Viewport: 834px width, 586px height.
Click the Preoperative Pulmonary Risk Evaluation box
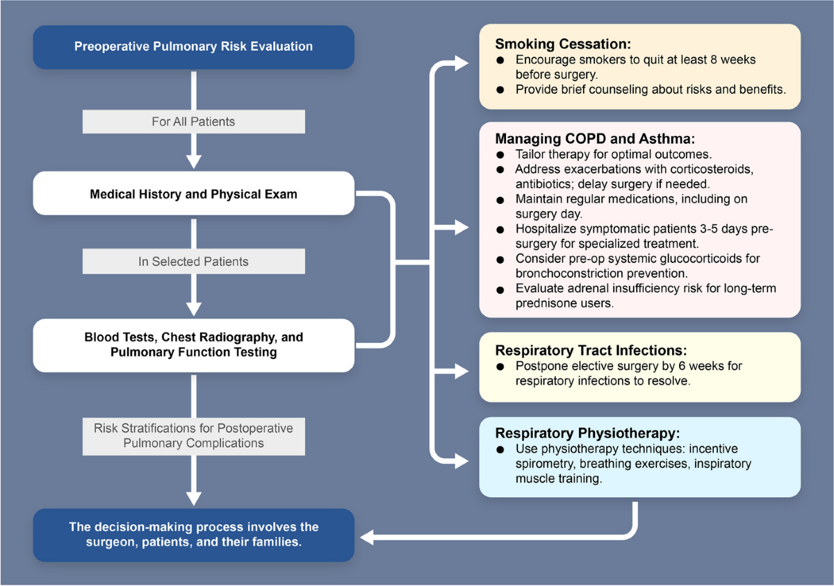point(193,47)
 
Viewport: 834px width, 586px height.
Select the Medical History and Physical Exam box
point(193,194)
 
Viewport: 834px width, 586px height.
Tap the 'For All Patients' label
point(193,122)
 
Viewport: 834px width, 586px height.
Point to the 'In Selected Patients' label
point(193,262)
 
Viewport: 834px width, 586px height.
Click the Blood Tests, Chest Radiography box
point(193,345)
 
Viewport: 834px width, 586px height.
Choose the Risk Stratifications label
point(193,435)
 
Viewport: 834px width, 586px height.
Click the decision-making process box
point(193,535)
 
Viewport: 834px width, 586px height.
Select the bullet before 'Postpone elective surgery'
point(500,367)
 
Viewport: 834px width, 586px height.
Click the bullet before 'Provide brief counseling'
point(500,90)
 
